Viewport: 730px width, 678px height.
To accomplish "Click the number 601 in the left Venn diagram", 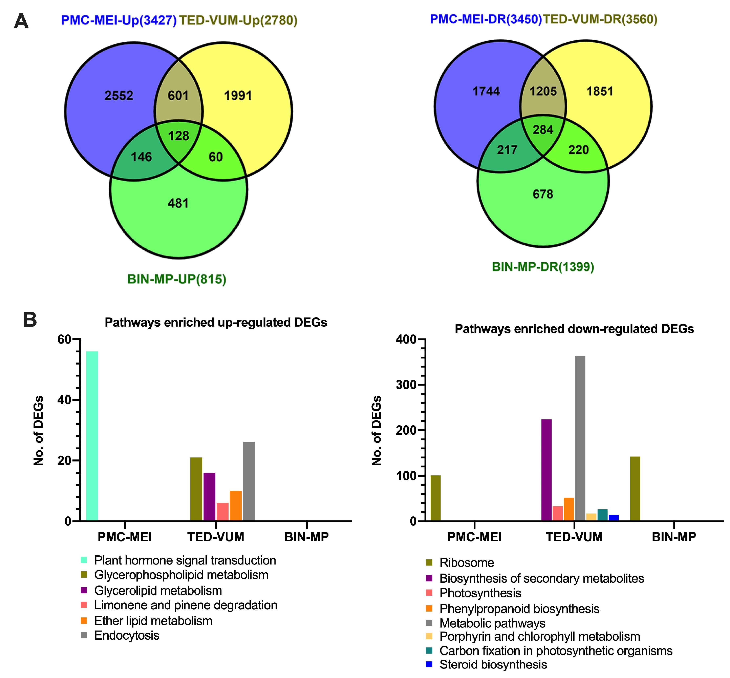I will (x=178, y=96).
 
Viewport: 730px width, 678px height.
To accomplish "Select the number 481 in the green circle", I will (x=178, y=203).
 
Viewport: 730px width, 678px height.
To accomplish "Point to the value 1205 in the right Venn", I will (x=543, y=91).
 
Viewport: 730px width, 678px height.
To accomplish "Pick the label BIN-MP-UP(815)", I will (x=177, y=279).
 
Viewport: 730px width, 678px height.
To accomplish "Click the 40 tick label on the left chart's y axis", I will (x=64, y=400).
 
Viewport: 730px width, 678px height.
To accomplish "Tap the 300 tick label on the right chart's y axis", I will (x=406, y=385).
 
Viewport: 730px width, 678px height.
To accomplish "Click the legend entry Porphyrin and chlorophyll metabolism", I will (x=539, y=636).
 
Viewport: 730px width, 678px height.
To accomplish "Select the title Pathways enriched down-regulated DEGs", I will (x=574, y=329).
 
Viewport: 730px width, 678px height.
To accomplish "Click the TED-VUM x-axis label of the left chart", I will (x=216, y=537).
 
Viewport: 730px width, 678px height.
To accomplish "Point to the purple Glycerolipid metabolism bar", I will (x=209, y=497).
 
